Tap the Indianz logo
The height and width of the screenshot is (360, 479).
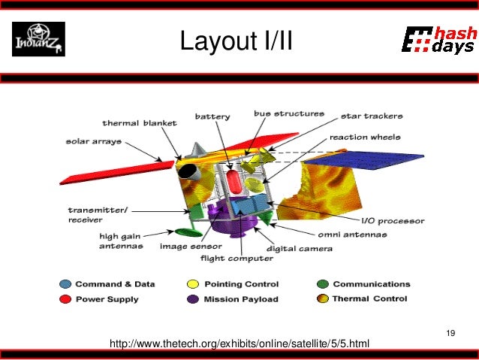pos(38,39)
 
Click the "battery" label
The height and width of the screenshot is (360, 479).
pos(212,116)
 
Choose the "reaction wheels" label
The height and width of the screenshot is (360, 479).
pos(365,138)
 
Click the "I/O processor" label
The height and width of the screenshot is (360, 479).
pos(393,221)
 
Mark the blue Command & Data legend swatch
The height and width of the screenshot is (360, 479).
pos(66,284)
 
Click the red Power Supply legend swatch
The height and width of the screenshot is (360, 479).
pos(66,298)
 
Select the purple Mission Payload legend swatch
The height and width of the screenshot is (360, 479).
pos(192,298)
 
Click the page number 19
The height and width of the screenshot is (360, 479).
pos(450,333)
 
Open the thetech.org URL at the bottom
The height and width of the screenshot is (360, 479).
pos(239,344)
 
